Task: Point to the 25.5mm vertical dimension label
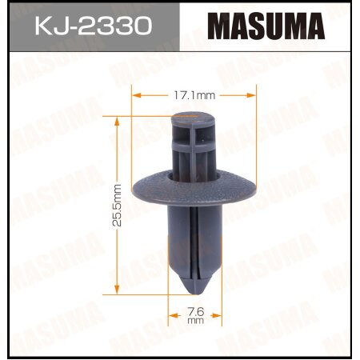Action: (117, 204)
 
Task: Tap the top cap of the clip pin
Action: (195, 119)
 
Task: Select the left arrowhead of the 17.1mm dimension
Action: (134, 94)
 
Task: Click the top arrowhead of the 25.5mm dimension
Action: (118, 117)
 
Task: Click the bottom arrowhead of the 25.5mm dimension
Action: (118, 290)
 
